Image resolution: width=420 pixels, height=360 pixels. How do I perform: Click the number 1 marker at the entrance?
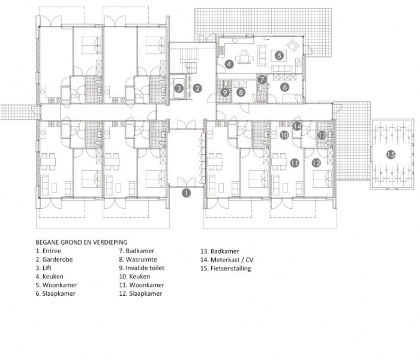(x=186, y=193)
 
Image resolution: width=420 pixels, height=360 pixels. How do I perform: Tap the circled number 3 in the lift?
(x=179, y=88)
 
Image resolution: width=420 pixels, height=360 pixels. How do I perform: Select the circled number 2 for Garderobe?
(x=197, y=88)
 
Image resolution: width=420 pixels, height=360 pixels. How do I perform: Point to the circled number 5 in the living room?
(x=280, y=55)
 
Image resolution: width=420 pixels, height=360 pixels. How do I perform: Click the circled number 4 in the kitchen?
(x=229, y=64)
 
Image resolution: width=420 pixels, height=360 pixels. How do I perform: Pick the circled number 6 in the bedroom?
(x=285, y=87)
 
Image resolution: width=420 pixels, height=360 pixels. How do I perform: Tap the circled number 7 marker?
(x=262, y=80)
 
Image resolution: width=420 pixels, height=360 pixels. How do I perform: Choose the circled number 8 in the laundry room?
(x=241, y=92)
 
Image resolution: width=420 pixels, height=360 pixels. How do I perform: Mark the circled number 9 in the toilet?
(x=225, y=92)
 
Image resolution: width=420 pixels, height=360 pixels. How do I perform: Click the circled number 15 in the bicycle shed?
(x=391, y=155)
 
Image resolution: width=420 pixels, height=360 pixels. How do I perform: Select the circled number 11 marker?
(x=295, y=163)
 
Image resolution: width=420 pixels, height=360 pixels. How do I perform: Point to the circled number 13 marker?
(x=322, y=135)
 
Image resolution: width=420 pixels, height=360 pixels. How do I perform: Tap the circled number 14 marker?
(x=297, y=126)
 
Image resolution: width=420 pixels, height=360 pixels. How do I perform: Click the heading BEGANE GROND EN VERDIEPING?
(x=82, y=242)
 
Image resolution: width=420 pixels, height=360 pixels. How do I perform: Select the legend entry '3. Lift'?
(x=43, y=268)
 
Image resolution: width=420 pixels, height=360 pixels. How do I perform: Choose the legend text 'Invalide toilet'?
(x=145, y=268)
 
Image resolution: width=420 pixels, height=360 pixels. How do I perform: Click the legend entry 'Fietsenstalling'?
(x=230, y=268)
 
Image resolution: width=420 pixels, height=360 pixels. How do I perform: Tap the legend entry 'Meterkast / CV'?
(x=232, y=260)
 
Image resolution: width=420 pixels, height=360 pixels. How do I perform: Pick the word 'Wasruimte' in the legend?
(x=142, y=259)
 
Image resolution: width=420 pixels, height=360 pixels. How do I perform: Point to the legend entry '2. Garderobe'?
(x=55, y=259)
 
